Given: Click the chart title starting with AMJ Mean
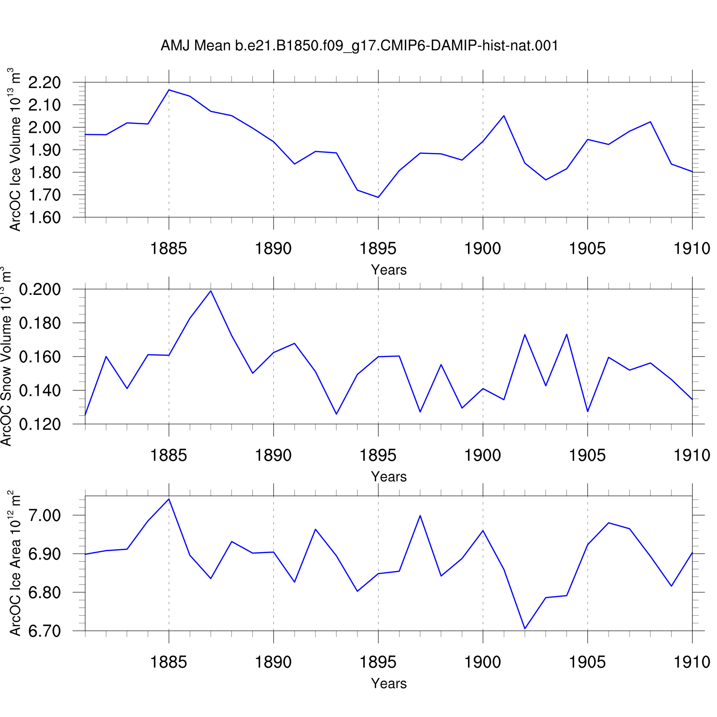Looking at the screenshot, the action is [x=359, y=46].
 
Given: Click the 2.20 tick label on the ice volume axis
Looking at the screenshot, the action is [x=44, y=83].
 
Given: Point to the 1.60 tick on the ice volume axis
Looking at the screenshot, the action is [x=44, y=217].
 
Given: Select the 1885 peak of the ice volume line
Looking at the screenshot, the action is [x=169, y=90].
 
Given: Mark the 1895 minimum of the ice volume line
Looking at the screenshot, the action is [x=378, y=197].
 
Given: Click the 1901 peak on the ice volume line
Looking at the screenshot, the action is [x=504, y=116].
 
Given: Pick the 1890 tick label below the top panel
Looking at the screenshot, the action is [x=273, y=249].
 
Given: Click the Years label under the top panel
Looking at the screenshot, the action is [x=389, y=270].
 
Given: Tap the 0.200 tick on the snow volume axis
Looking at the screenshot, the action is [x=40, y=289].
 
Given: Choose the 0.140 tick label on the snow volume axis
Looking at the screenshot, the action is [x=40, y=391].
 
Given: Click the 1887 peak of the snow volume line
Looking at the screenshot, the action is [x=211, y=291].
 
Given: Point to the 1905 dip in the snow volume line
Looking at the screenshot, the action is [x=587, y=412].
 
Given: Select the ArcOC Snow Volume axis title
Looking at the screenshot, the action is [x=6, y=357].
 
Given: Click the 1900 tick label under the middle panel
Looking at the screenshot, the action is [x=483, y=456].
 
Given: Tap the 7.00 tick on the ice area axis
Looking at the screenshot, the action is [x=44, y=515].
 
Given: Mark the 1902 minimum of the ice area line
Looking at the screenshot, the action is [x=525, y=629].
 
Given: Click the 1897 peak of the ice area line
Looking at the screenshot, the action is [x=420, y=515].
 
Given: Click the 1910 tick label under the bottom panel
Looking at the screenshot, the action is [x=692, y=663].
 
